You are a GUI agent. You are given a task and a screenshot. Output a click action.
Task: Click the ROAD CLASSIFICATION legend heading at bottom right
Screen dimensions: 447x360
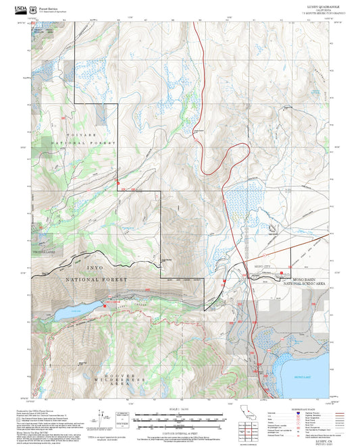(294, 409)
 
